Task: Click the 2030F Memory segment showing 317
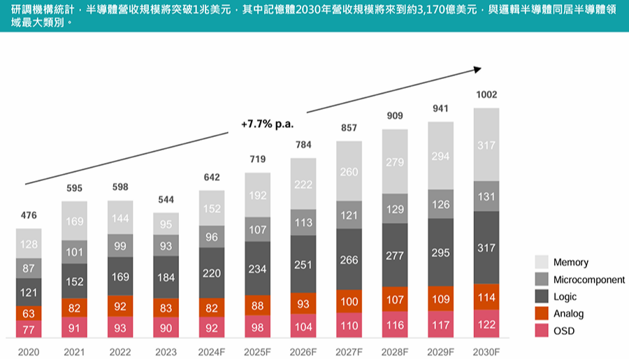coord(486,145)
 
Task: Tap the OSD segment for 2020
coord(29,330)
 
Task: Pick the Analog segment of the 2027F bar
coord(349,301)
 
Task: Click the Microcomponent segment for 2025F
coord(258,229)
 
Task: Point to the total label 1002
coord(486,94)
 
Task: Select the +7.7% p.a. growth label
coord(267,124)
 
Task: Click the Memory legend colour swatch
coord(542,262)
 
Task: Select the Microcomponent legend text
coord(588,280)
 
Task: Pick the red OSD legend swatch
coord(542,331)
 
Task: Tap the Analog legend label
coord(568,314)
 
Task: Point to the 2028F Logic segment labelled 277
coord(396,256)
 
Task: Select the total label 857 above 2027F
coord(349,129)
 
